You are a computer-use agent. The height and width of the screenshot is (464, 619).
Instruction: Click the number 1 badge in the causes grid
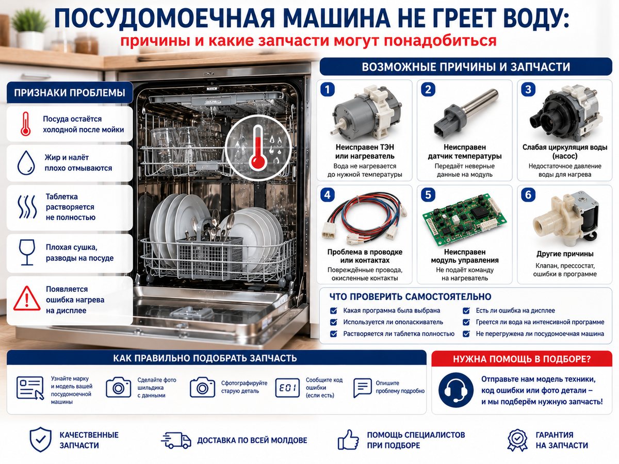click(x=327, y=90)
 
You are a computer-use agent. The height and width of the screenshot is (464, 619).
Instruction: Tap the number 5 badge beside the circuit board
click(x=428, y=195)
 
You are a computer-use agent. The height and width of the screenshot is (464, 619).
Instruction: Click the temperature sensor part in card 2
click(x=465, y=115)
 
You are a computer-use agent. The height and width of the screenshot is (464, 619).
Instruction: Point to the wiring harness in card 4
click(x=364, y=219)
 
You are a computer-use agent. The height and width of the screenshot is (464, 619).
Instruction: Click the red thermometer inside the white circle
click(x=258, y=147)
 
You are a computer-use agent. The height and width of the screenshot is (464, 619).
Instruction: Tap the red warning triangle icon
click(x=27, y=299)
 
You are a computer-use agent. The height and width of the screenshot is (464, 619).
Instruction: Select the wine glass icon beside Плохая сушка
click(x=27, y=252)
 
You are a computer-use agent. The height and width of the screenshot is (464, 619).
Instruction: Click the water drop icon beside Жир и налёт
click(x=26, y=162)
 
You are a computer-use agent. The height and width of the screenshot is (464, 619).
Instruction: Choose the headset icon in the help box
click(x=455, y=390)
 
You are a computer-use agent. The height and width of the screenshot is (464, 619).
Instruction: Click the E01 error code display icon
click(x=287, y=388)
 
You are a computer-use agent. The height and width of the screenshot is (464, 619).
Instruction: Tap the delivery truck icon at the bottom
click(x=176, y=440)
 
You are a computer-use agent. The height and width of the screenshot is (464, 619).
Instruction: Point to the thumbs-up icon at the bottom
click(x=348, y=440)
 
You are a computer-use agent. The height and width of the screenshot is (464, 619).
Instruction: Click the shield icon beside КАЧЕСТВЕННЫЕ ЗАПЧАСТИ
click(x=41, y=439)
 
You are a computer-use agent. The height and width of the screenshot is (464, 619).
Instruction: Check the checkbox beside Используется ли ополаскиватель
click(x=333, y=322)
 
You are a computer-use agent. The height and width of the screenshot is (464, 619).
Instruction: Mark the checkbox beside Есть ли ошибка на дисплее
click(x=466, y=310)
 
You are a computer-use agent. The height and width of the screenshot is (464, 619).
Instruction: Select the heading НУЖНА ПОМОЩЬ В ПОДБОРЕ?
click(x=522, y=359)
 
